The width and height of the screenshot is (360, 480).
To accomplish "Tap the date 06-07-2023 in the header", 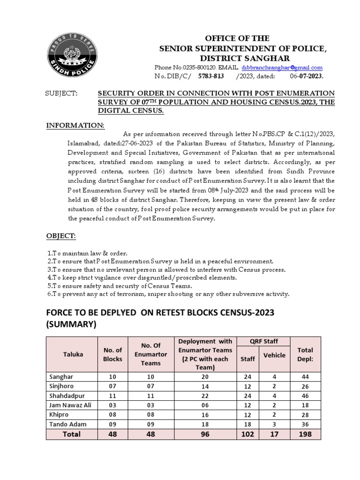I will click(x=307, y=76).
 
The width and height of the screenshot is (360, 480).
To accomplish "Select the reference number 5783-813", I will click(x=211, y=76).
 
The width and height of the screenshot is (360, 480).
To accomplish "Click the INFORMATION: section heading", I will click(x=75, y=126).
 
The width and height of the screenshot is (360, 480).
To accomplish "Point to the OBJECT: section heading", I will click(x=61, y=235).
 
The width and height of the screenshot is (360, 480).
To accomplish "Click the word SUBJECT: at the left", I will click(x=60, y=93).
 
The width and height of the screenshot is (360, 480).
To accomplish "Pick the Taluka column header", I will click(x=73, y=354).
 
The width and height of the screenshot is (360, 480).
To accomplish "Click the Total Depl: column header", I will click(x=305, y=354).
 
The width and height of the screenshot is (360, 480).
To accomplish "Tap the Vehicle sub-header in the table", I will click(x=274, y=355).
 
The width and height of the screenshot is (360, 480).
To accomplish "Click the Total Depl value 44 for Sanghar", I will click(x=305, y=376).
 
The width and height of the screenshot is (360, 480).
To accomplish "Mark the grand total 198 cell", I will click(x=305, y=434).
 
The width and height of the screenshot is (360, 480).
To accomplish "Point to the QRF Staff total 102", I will click(x=247, y=434).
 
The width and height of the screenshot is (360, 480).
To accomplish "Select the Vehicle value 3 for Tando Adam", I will click(x=274, y=424).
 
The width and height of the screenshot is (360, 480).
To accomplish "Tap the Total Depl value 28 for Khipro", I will click(x=305, y=414).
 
